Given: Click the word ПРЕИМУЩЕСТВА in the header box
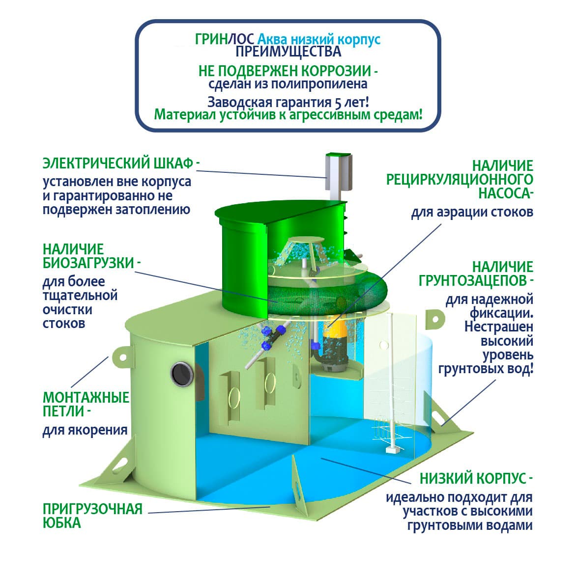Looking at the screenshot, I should (288, 52).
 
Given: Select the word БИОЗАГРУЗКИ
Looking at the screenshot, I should (88, 263).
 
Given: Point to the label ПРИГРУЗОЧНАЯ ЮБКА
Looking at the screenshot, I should (92, 515).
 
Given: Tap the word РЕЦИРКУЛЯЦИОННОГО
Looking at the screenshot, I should (460, 179).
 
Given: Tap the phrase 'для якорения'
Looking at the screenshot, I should (85, 431).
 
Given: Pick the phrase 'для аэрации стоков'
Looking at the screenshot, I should (472, 213).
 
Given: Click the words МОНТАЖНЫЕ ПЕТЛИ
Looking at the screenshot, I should (86, 404).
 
